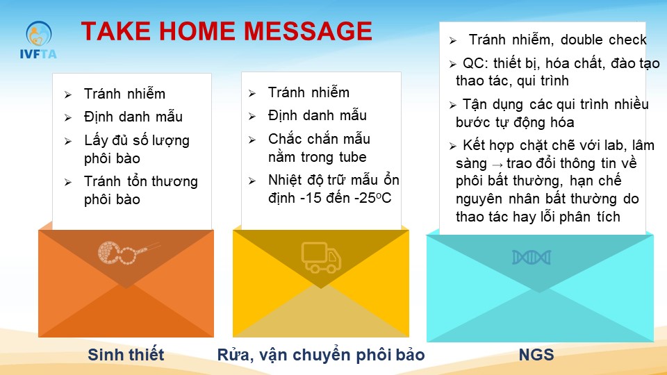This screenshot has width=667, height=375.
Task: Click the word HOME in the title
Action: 196,31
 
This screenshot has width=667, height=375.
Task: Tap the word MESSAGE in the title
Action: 308,31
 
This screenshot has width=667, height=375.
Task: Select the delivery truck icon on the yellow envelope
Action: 321,257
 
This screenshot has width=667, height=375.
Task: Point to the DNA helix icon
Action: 532,257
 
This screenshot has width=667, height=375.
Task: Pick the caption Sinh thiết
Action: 126,355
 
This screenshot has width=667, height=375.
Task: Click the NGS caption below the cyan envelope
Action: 536,355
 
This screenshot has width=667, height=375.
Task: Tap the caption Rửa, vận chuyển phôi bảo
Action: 321,355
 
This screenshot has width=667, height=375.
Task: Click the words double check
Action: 603,40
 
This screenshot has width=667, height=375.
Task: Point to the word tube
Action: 353,157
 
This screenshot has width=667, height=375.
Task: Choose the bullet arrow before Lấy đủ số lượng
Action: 68,141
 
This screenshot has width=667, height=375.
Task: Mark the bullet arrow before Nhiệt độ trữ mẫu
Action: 252,181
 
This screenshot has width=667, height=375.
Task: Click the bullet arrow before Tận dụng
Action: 452,105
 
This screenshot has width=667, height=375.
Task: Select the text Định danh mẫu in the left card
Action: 133,117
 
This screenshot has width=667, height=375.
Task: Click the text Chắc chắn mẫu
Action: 319,139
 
